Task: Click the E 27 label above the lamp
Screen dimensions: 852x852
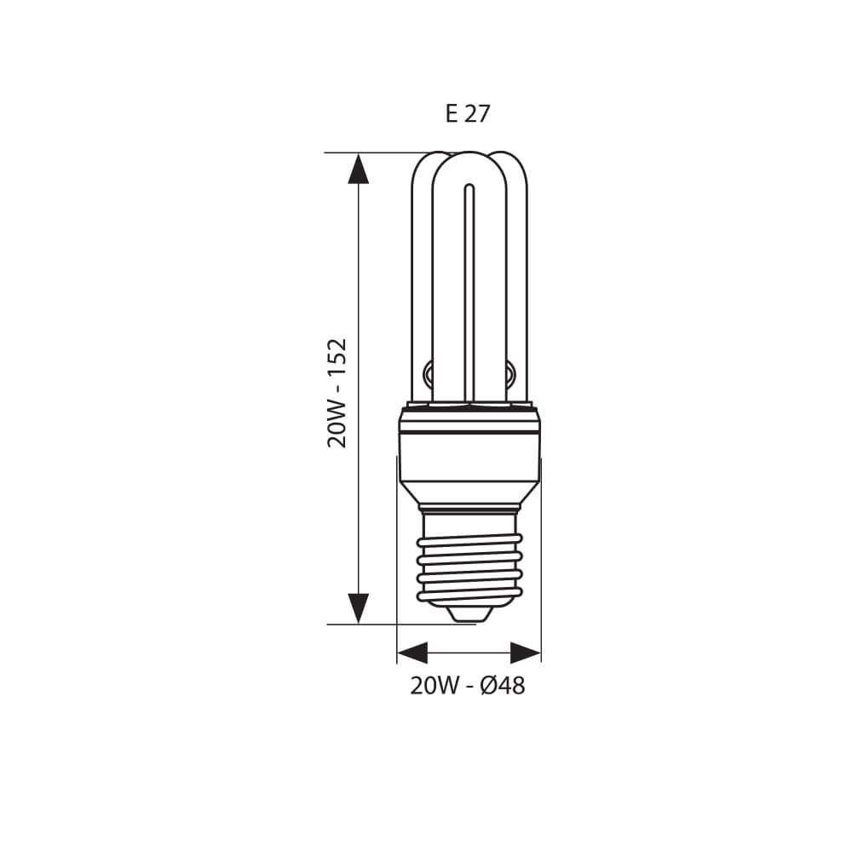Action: [468, 113]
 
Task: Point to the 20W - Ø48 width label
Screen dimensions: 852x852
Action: [468, 686]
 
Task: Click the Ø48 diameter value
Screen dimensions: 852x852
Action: [503, 686]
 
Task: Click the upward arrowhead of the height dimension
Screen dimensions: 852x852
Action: [359, 168]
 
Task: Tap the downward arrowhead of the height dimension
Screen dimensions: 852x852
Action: [359, 608]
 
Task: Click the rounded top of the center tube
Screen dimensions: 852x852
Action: [469, 159]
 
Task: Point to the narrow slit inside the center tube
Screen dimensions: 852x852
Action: [469, 290]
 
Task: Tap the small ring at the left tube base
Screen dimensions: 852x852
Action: [428, 371]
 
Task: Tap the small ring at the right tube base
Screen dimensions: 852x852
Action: [509, 371]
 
